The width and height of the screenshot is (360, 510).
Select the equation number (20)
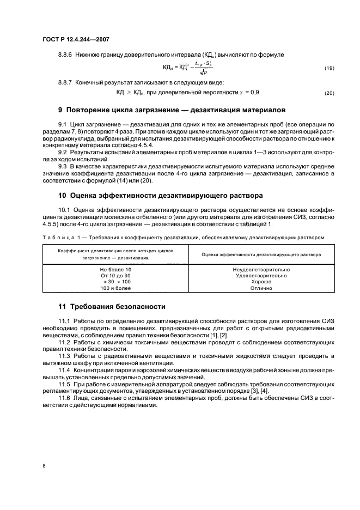coord(329,93)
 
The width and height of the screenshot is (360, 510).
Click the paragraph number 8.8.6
coord(66,55)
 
